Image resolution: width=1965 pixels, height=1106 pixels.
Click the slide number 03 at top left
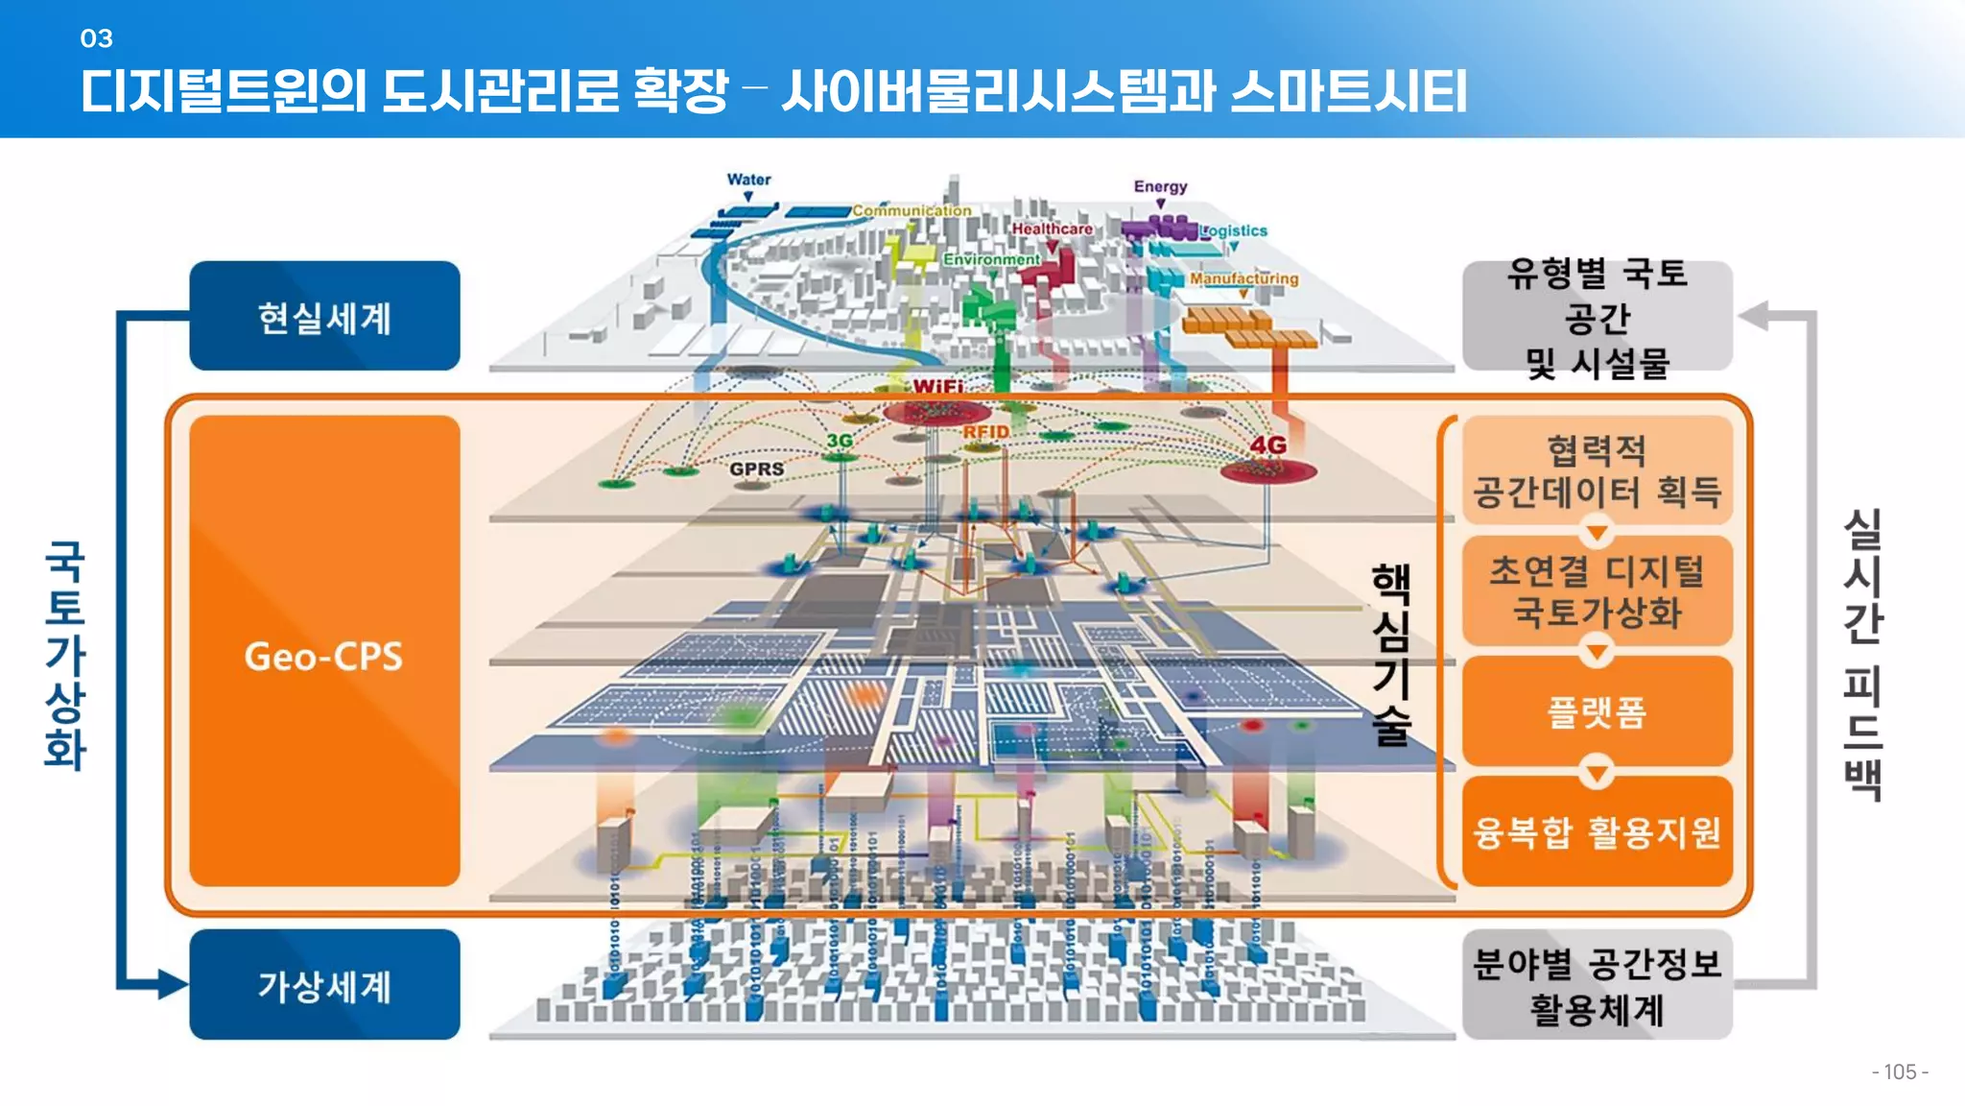96,38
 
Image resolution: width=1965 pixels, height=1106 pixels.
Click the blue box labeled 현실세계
324,317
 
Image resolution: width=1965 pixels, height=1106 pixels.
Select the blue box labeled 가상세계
324,985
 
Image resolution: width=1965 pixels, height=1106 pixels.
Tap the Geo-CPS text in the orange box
323,657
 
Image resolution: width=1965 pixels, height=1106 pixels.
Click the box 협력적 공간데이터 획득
1597,470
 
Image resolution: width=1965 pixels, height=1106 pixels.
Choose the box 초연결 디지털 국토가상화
1597,591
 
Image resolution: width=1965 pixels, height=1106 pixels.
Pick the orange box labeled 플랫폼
1597,711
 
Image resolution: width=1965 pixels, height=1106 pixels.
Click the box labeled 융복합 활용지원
1597,831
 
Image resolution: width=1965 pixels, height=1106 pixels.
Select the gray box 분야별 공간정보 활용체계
1597,985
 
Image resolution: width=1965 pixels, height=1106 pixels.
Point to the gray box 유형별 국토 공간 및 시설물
1597,317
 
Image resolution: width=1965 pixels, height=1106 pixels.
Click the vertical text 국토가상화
65,655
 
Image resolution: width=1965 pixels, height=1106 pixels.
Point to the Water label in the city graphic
748,180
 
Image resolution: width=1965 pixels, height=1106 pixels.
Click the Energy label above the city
1160,186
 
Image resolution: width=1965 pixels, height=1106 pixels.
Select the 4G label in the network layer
1267,445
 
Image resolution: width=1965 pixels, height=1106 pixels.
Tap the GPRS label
756,469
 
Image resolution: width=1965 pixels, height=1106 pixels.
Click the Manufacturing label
1243,278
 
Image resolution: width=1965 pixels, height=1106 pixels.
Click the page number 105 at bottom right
1899,1071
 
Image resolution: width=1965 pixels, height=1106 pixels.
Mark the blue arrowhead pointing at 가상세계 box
173,984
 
